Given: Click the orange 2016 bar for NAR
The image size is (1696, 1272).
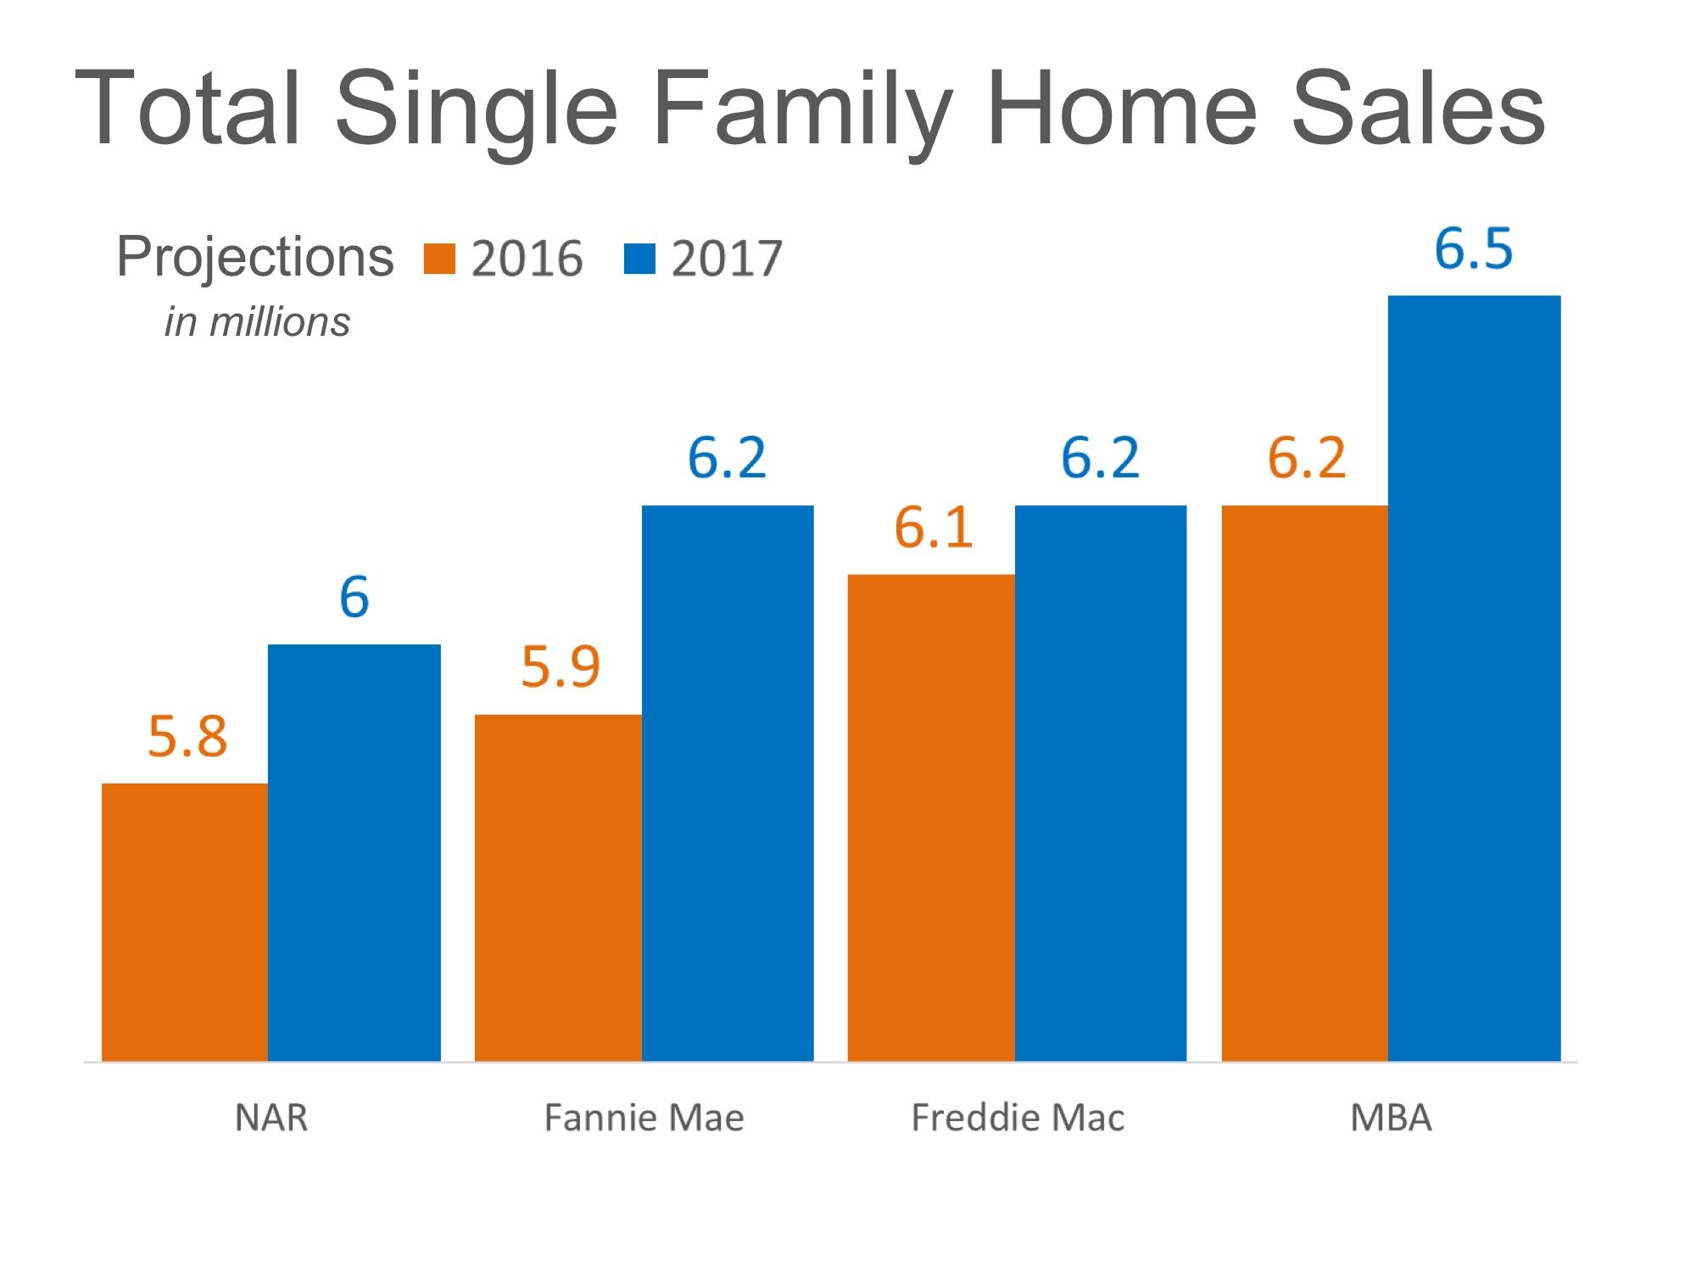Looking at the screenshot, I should [x=185, y=922].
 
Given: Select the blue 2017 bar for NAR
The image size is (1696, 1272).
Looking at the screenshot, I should [x=354, y=852].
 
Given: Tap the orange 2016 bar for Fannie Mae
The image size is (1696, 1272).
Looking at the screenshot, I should [x=558, y=887].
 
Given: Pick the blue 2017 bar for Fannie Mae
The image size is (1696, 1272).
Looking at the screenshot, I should [x=728, y=783].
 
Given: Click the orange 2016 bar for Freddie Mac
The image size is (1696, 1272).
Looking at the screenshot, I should [x=931, y=817].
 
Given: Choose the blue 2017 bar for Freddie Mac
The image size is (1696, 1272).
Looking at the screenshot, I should [x=1101, y=783].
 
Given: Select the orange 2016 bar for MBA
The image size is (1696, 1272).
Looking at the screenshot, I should [x=1304, y=783].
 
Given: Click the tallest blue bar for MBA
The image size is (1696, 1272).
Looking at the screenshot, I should [x=1474, y=678].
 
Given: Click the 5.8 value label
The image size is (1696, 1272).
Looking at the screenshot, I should [x=187, y=736].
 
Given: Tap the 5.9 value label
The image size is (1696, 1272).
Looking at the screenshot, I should [x=561, y=667].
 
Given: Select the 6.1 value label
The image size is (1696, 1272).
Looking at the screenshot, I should [x=933, y=527].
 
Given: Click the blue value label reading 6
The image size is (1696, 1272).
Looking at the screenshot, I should [x=354, y=597].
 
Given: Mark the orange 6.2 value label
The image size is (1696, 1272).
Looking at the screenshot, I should [x=1307, y=458].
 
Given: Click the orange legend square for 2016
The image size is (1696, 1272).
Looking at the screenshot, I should [x=439, y=259].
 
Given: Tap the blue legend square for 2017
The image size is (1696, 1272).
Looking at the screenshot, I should [x=639, y=259].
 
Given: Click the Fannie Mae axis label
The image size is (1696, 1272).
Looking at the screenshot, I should [x=644, y=1118].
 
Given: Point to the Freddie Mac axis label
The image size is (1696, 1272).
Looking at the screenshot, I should [x=1018, y=1118].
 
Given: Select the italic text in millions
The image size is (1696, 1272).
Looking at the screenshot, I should [x=257, y=322].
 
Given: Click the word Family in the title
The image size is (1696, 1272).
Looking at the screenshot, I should [x=800, y=110].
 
